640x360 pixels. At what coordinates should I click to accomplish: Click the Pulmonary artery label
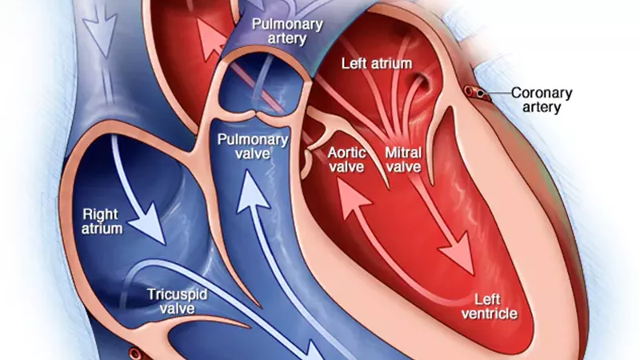pyautogui.click(x=287, y=31)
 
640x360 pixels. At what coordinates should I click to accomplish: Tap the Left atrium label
pyautogui.click(x=377, y=64)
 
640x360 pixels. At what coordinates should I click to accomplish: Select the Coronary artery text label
pyautogui.click(x=542, y=100)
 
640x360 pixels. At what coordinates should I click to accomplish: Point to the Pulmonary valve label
pyautogui.click(x=253, y=146)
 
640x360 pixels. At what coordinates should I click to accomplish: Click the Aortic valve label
pyautogui.click(x=346, y=159)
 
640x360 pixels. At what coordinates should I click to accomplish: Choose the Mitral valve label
pyautogui.click(x=403, y=159)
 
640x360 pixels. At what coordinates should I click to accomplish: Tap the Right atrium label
pyautogui.click(x=102, y=222)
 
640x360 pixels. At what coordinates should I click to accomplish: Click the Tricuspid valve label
pyautogui.click(x=177, y=302)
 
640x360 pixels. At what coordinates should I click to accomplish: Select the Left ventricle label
pyautogui.click(x=489, y=306)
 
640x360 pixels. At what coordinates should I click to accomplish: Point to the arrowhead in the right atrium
pyautogui.click(x=150, y=224)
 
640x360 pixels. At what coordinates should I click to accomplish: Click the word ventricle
pyautogui.click(x=489, y=314)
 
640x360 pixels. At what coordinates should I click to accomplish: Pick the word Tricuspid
pyautogui.click(x=177, y=294)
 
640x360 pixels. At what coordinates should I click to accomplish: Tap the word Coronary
pyautogui.click(x=542, y=93)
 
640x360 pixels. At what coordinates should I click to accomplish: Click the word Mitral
pyautogui.click(x=403, y=152)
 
